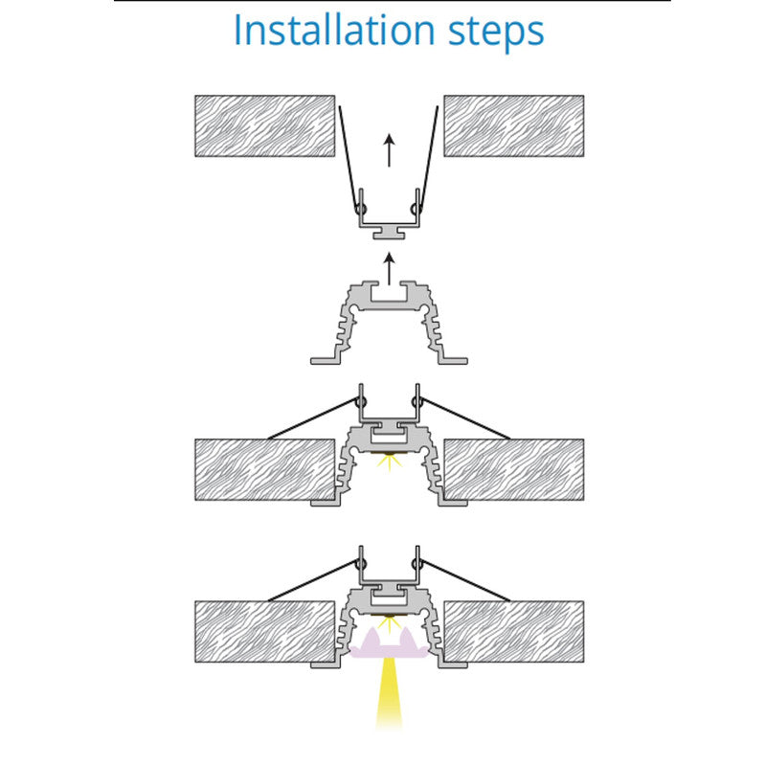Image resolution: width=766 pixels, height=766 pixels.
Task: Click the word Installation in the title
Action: [x=334, y=31]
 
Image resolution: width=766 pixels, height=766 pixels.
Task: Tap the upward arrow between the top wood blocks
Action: [x=389, y=150]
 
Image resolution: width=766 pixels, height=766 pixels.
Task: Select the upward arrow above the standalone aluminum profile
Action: [x=389, y=269]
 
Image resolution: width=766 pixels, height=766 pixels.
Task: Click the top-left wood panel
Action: [x=265, y=126]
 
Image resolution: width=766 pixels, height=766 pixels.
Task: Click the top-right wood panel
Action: [x=514, y=126]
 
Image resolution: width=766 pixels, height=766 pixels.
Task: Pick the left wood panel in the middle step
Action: [x=265, y=469]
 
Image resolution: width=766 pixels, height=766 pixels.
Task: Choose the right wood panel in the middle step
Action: [x=514, y=469]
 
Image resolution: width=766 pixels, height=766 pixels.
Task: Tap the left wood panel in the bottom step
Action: [x=265, y=632]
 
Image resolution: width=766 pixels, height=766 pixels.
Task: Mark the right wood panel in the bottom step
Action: [x=514, y=632]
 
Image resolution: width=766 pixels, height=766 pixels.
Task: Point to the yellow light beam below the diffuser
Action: [x=389, y=693]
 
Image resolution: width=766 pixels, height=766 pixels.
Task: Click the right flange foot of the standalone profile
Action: [x=453, y=361]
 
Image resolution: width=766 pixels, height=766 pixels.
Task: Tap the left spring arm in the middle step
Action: [x=313, y=419]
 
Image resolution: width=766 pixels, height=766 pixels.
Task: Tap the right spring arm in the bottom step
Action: [x=464, y=580]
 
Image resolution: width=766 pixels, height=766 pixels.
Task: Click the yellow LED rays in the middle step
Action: [x=389, y=462]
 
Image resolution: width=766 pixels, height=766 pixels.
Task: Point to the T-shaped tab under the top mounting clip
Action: [x=389, y=233]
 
